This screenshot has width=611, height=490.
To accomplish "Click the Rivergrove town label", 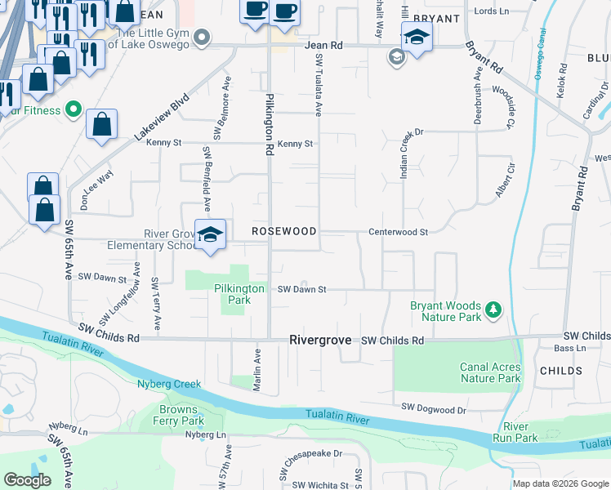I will (322, 340).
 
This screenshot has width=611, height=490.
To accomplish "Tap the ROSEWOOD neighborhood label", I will (283, 232).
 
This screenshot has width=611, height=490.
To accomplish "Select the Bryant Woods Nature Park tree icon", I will (493, 310).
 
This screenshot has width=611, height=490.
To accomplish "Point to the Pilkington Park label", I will (239, 294).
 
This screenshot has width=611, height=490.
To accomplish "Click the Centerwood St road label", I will (398, 233).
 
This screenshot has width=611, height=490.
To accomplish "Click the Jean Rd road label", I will (321, 46).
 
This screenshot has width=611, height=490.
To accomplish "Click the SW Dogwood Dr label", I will (433, 408).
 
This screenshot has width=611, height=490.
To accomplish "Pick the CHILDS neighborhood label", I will (561, 371).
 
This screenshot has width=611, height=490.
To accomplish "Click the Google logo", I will (27, 480).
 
